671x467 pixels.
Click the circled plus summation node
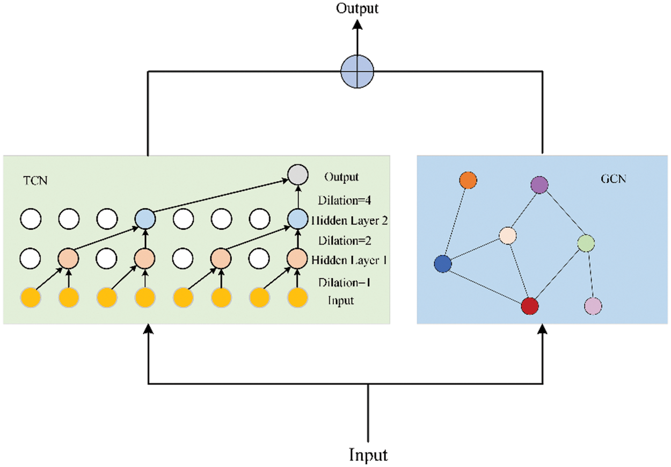[x=357, y=71]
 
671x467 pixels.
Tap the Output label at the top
[x=357, y=9]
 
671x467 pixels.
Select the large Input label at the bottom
[x=368, y=455]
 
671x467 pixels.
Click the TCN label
[x=35, y=181]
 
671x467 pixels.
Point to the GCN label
[x=614, y=179]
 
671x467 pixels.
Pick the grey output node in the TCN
[x=298, y=175]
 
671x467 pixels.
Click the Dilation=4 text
[x=345, y=200]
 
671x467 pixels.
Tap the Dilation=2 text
[x=345, y=241]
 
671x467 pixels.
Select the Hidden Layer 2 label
[x=349, y=221]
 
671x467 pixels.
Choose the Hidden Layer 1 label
[x=349, y=260]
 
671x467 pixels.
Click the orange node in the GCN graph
[x=468, y=180]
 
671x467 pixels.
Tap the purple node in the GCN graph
[x=539, y=185]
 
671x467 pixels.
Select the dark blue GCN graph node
[x=443, y=264]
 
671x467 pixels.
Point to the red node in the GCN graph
[x=530, y=306]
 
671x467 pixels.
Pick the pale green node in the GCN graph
[x=586, y=243]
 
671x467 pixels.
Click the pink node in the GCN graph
[x=593, y=306]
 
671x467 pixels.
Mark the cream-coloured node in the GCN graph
[x=508, y=236]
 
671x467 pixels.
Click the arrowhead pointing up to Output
[x=357, y=25]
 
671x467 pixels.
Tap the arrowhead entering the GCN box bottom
[x=543, y=329]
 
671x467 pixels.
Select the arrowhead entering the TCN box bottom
[x=148, y=329]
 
